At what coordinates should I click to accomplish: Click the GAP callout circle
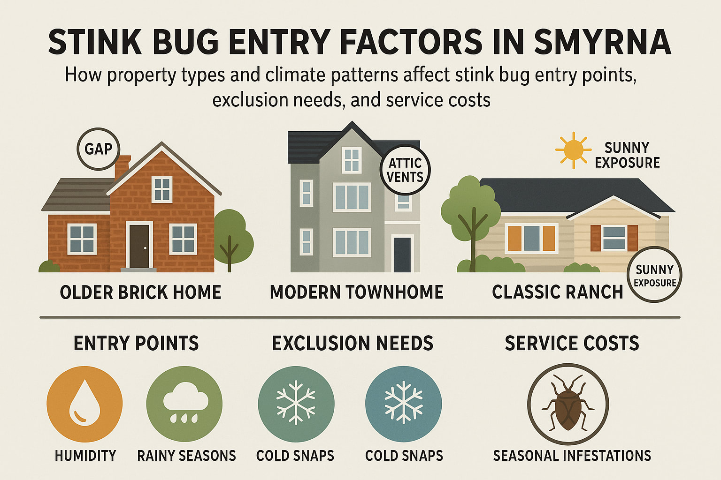98,149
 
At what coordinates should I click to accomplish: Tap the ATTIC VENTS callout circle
405,170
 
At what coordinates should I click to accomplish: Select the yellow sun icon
573,150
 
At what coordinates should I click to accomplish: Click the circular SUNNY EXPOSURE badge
654,275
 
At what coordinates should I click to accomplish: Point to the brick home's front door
139,246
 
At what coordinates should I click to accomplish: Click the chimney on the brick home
122,167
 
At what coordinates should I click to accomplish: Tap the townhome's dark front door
402,254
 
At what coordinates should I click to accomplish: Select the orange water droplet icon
84,404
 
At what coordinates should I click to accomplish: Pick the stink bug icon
568,404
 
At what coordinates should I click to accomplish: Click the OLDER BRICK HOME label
140,292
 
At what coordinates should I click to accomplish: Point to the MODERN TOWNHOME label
356,292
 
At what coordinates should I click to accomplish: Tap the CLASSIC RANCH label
557,292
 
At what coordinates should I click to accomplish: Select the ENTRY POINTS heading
136,344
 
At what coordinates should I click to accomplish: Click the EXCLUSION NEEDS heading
353,344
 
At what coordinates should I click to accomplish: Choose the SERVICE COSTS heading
572,344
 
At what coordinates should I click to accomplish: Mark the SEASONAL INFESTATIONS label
572,456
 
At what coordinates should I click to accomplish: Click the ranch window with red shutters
614,238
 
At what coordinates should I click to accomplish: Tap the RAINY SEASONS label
186,456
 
